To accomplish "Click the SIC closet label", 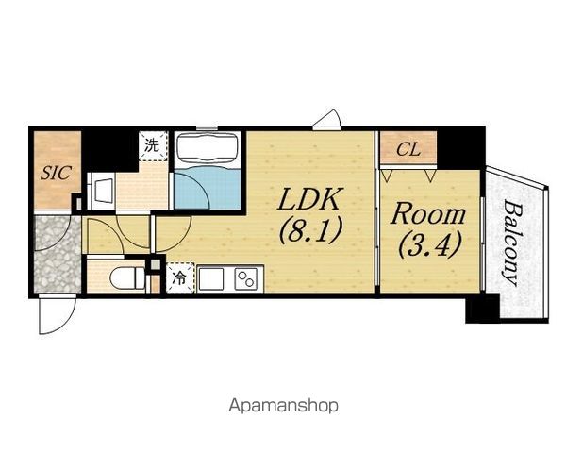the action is (x=56, y=173).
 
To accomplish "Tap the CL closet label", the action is (x=408, y=149).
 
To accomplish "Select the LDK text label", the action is (x=309, y=199).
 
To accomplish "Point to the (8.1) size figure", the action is (x=310, y=231).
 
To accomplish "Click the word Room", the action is (x=428, y=214).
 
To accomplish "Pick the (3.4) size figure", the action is (x=429, y=244).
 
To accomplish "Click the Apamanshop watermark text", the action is (x=283, y=406).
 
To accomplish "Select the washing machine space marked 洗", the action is (x=153, y=145).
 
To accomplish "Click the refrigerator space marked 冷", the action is (x=180, y=277).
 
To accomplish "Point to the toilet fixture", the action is (x=126, y=277).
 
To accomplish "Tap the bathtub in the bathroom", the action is (x=207, y=149).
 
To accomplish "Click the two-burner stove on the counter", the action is (x=246, y=278).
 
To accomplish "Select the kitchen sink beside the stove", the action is (x=210, y=278).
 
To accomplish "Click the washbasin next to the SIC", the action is (x=102, y=191).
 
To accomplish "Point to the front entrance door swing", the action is (x=58, y=314).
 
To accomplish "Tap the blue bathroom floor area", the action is (x=208, y=188).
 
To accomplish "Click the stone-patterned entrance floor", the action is (x=57, y=254).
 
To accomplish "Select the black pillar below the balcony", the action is (x=482, y=309).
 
